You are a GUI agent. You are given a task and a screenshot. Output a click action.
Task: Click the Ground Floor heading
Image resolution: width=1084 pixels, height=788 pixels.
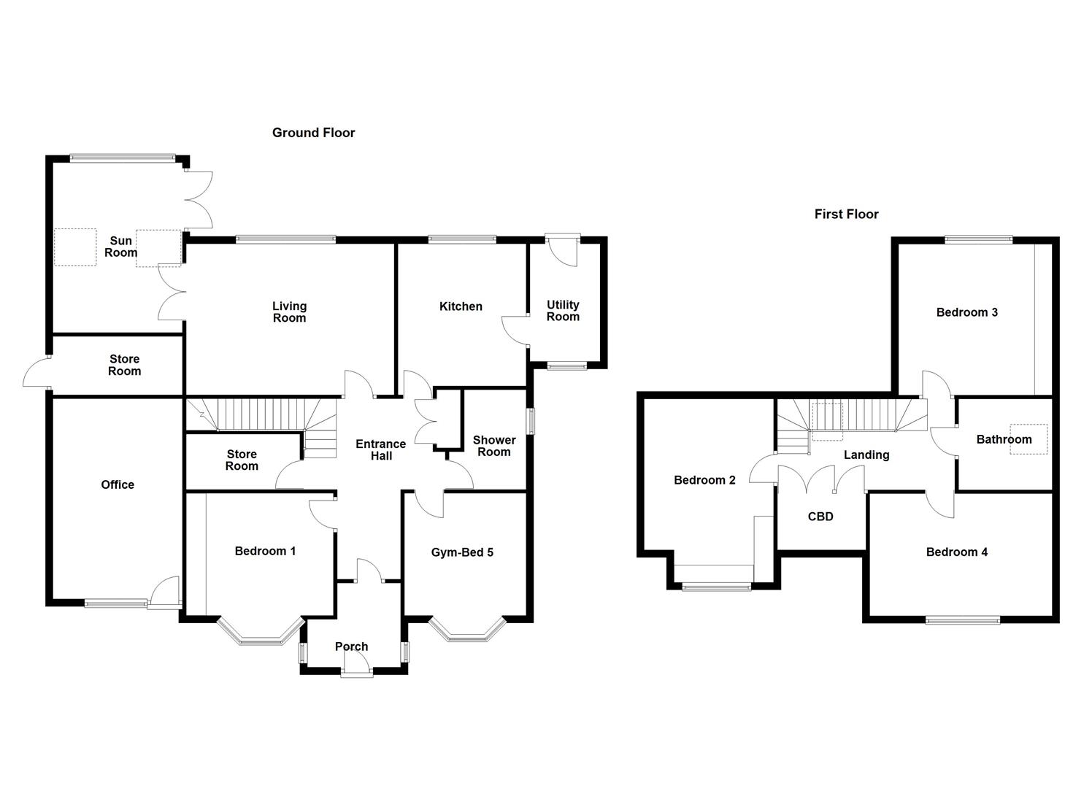313,133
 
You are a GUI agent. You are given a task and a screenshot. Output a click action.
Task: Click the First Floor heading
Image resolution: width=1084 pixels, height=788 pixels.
846,215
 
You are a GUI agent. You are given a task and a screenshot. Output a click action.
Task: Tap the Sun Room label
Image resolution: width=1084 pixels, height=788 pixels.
120,247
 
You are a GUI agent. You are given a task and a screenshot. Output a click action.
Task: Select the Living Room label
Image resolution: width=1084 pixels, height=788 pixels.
289,312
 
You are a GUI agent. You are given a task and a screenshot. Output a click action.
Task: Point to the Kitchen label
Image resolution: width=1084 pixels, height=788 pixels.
461,306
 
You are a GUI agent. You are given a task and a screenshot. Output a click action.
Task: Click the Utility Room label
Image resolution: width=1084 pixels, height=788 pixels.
563,311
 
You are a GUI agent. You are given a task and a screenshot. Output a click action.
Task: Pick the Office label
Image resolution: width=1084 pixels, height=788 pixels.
118,484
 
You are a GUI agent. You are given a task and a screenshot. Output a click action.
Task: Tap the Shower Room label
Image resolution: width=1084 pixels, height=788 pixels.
494,446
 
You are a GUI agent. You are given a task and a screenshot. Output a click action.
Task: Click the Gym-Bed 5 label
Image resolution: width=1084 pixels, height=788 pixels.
462,552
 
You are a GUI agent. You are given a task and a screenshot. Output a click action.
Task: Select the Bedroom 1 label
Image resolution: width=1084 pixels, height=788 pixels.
265,551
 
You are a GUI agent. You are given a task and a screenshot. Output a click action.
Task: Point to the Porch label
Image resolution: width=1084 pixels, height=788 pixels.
351,646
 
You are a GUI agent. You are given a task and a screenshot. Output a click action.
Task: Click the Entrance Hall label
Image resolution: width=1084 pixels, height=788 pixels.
380,450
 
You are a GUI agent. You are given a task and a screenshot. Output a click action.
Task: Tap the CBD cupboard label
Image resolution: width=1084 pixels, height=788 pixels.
820,517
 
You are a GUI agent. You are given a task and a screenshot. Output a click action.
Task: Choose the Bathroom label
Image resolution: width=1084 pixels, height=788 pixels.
1004,439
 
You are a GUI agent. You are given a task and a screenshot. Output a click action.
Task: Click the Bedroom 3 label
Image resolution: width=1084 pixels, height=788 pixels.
966,312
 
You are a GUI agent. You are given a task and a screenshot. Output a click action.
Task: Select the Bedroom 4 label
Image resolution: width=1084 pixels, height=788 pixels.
956,552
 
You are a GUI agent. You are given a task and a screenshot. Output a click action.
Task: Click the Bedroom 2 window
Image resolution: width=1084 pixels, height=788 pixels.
716,585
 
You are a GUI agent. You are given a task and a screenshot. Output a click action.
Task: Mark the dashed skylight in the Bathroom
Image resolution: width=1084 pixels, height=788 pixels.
1028,439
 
